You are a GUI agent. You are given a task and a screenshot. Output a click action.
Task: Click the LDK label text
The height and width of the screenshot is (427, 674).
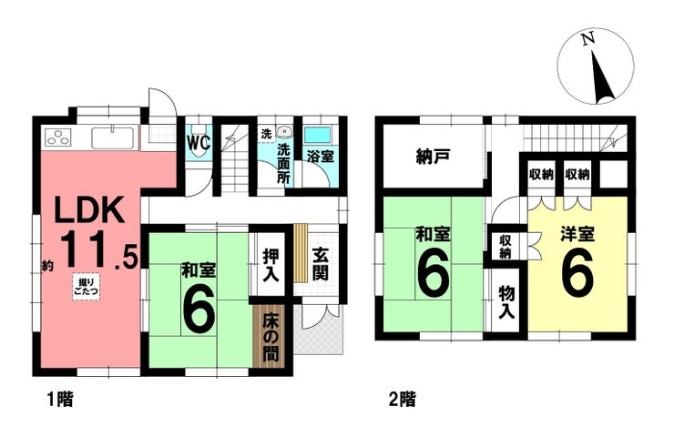[89, 209]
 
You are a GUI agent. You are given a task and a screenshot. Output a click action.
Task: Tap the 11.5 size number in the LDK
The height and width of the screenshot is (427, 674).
[99, 250]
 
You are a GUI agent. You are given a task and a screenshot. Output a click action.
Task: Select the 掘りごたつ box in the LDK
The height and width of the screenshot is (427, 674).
[86, 287]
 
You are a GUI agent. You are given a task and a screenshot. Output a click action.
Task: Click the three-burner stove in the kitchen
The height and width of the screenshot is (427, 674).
[57, 137]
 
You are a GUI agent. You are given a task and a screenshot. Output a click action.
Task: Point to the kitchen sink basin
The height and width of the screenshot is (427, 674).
[113, 137]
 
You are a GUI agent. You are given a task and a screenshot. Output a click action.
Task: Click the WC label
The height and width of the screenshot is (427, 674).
[199, 143]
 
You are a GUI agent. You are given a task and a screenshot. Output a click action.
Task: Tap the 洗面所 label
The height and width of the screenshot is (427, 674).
[283, 163]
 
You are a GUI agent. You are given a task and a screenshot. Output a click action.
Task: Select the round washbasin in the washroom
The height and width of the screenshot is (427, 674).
[283, 130]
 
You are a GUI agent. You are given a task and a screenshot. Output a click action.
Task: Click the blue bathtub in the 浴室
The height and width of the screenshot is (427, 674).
[317, 135]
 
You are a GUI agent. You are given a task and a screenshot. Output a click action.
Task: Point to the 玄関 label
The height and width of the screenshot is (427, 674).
[321, 264]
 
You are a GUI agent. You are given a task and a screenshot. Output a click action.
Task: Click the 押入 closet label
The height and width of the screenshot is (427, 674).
[271, 265]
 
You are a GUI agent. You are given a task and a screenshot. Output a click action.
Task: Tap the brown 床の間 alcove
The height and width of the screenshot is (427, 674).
[270, 336]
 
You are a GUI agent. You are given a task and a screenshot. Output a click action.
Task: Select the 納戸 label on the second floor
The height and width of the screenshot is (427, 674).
[434, 157]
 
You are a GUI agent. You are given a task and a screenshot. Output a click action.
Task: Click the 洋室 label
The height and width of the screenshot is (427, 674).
[577, 235]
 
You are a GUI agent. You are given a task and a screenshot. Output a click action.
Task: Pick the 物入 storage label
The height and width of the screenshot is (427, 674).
[506, 303]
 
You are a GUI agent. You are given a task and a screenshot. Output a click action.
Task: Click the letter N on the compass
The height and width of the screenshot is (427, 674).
[587, 38]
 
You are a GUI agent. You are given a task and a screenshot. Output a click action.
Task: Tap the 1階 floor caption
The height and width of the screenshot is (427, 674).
[60, 400]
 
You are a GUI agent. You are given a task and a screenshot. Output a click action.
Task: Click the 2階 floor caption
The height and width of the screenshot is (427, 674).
[402, 400]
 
